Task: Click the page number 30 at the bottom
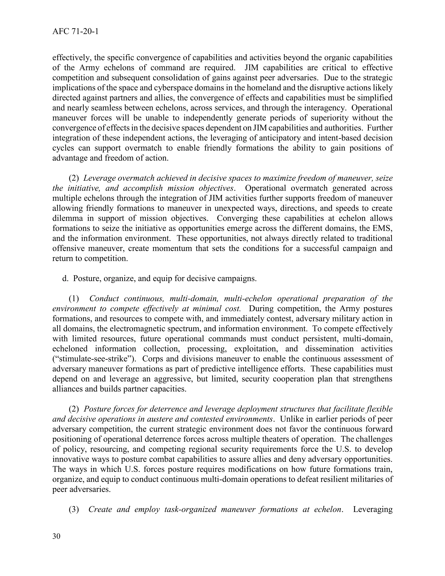coord(56,536)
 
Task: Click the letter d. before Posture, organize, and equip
coord(65,278)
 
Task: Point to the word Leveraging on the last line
coord(372,509)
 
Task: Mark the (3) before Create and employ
coord(74,509)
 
